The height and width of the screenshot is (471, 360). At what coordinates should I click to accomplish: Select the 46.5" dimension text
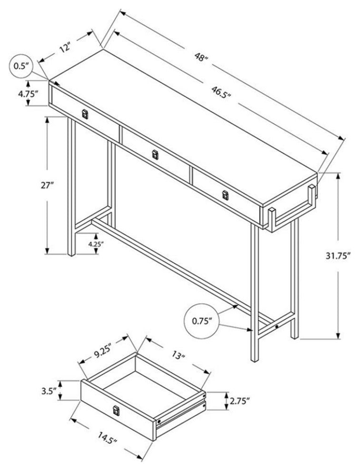[221, 92]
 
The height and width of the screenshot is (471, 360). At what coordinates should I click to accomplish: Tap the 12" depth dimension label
[64, 48]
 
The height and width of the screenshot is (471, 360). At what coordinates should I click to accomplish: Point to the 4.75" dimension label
[28, 93]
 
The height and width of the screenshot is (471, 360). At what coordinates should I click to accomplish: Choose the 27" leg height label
[47, 186]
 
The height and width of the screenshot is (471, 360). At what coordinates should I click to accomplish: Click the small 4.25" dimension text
[96, 244]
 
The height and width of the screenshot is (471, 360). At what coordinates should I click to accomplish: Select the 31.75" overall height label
[338, 256]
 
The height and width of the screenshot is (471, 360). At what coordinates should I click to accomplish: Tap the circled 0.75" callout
[201, 322]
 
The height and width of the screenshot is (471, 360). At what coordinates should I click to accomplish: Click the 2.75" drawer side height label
[240, 401]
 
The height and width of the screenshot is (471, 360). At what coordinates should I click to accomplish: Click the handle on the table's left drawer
[85, 114]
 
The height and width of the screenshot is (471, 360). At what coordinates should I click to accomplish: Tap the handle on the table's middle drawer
[155, 155]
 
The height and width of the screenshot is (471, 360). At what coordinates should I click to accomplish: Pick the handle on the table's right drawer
[225, 195]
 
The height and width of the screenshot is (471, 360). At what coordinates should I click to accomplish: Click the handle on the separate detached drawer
[116, 411]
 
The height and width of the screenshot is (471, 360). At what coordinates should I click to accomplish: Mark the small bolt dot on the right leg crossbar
[276, 326]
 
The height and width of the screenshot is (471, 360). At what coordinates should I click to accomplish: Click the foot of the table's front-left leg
[71, 254]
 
